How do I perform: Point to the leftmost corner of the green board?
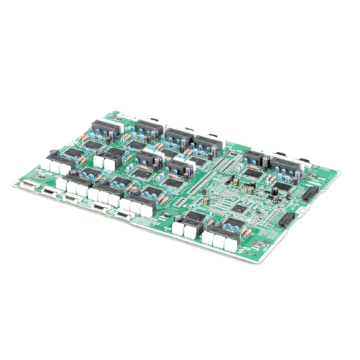14,184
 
